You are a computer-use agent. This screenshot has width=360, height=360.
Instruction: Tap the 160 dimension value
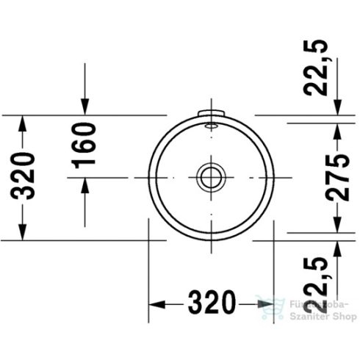point(85,147)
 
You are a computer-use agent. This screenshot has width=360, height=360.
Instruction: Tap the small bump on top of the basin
point(210,113)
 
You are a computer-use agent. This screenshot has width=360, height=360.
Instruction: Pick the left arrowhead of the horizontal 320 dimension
point(156,303)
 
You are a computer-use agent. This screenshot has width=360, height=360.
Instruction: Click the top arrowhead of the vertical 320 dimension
point(24,123)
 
